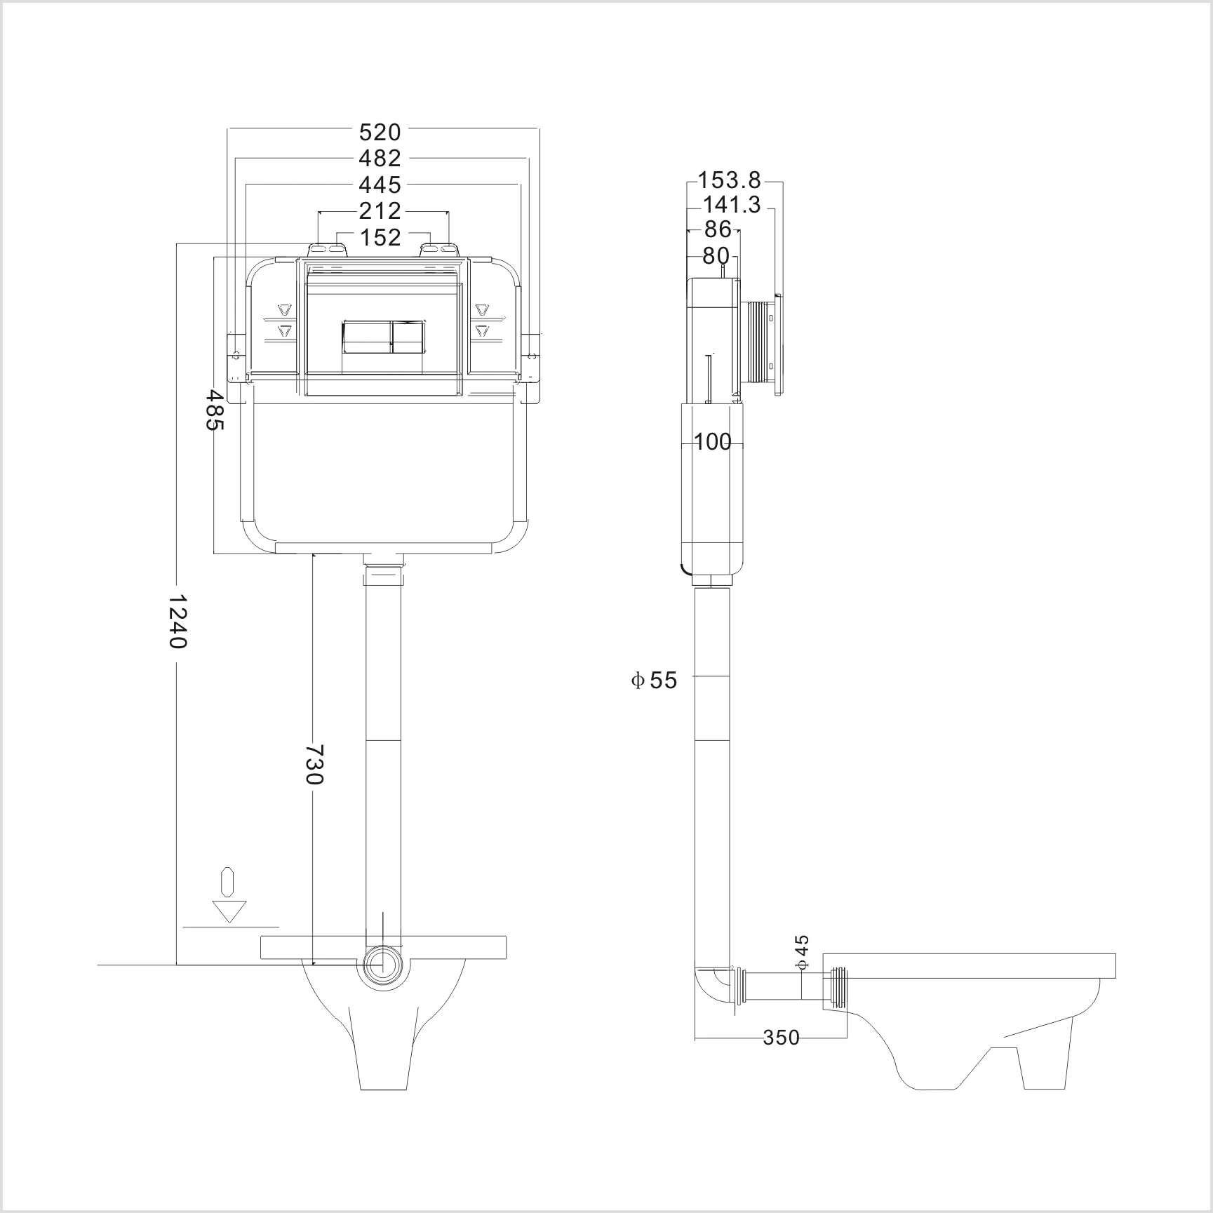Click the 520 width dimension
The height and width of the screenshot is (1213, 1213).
coord(380,132)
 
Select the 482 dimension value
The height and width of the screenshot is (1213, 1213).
coord(380,158)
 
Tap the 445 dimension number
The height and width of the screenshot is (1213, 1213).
coord(380,185)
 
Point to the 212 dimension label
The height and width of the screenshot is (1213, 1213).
coord(380,210)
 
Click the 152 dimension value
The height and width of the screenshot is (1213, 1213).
coord(380,237)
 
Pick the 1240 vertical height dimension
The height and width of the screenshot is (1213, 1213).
coord(178,622)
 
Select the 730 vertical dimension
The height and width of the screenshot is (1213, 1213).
coord(314,765)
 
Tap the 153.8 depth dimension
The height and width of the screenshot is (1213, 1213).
coord(730,180)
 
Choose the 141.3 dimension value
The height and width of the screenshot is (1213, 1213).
coord(731,205)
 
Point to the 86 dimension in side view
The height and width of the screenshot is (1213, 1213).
coord(717,229)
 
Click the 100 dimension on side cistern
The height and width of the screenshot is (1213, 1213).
coord(713,442)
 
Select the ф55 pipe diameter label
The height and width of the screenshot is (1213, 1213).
coord(655,681)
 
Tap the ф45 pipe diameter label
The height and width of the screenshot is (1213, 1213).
coord(803,953)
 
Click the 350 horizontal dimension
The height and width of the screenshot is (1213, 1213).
coord(782,1037)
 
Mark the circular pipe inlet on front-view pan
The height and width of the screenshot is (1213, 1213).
coord(382,965)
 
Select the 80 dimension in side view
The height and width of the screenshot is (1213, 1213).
coord(716,256)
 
